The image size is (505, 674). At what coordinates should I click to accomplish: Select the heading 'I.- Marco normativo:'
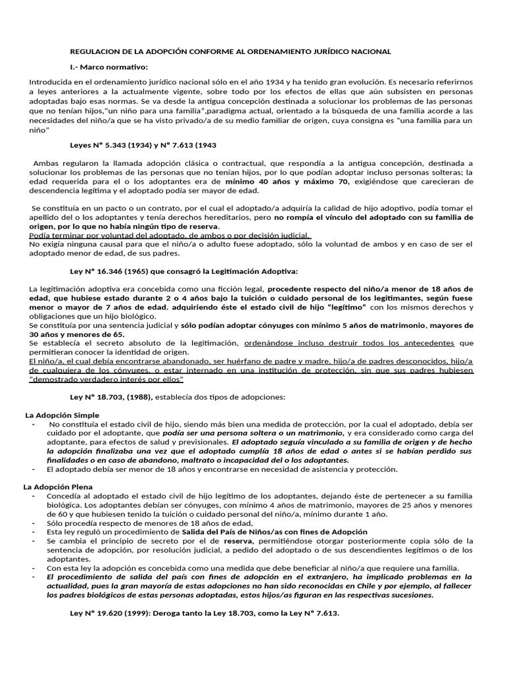(x=109, y=66)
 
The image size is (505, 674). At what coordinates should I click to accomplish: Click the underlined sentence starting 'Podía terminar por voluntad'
(x=170, y=236)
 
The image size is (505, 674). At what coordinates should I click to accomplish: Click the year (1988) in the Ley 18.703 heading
(x=158, y=397)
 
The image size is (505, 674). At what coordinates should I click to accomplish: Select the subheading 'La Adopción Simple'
(x=62, y=415)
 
